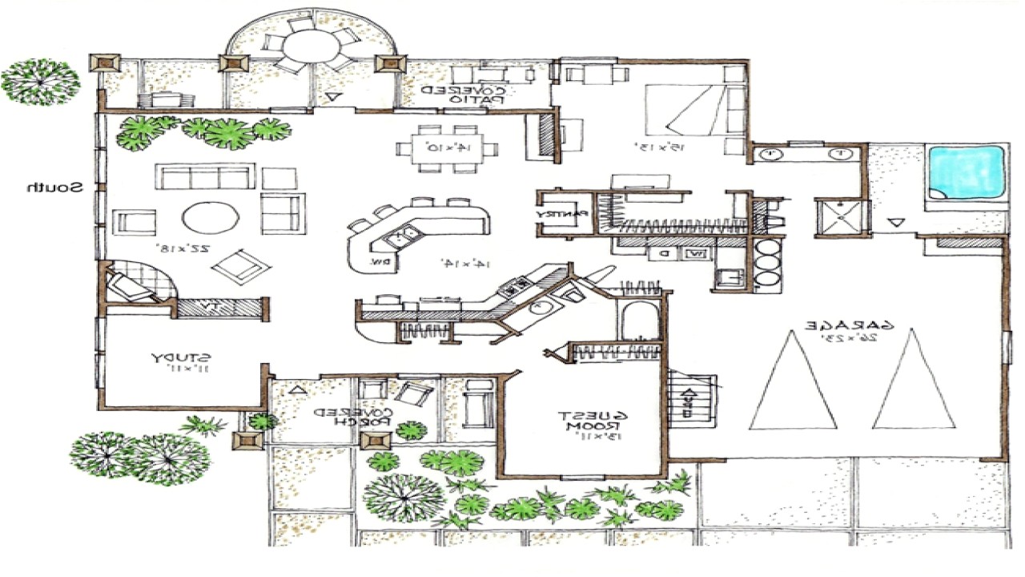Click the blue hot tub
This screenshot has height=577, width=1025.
tap(965, 171)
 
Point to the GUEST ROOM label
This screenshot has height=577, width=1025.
tap(593, 422)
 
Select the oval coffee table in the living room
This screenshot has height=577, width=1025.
tap(210, 216)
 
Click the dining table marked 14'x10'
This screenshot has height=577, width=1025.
tap(448, 147)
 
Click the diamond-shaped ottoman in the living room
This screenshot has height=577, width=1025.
tap(241, 265)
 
